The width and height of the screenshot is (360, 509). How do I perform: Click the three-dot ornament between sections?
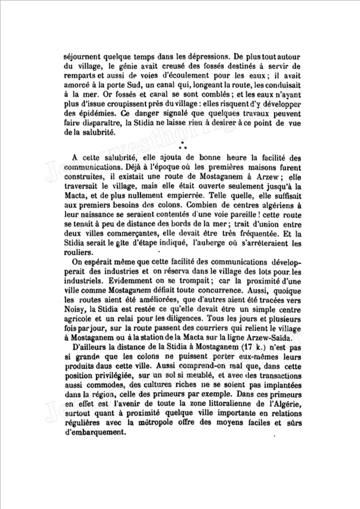[181, 146]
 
